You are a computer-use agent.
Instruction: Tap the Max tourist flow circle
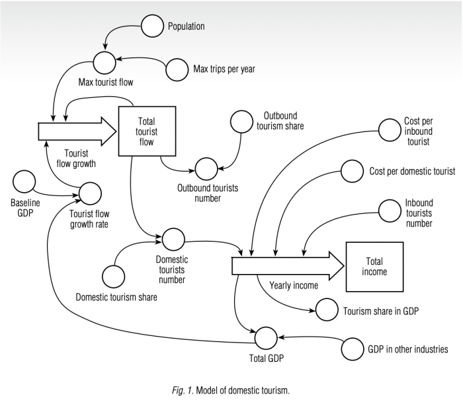click(x=105, y=62)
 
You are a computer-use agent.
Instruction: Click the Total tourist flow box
click(x=145, y=131)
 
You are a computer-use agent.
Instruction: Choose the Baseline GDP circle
click(x=25, y=180)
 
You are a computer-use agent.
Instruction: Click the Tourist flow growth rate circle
click(x=90, y=193)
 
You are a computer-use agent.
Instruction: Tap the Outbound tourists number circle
click(x=206, y=168)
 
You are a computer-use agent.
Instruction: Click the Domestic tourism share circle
click(x=114, y=275)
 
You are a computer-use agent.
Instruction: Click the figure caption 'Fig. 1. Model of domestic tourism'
click(x=232, y=391)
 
